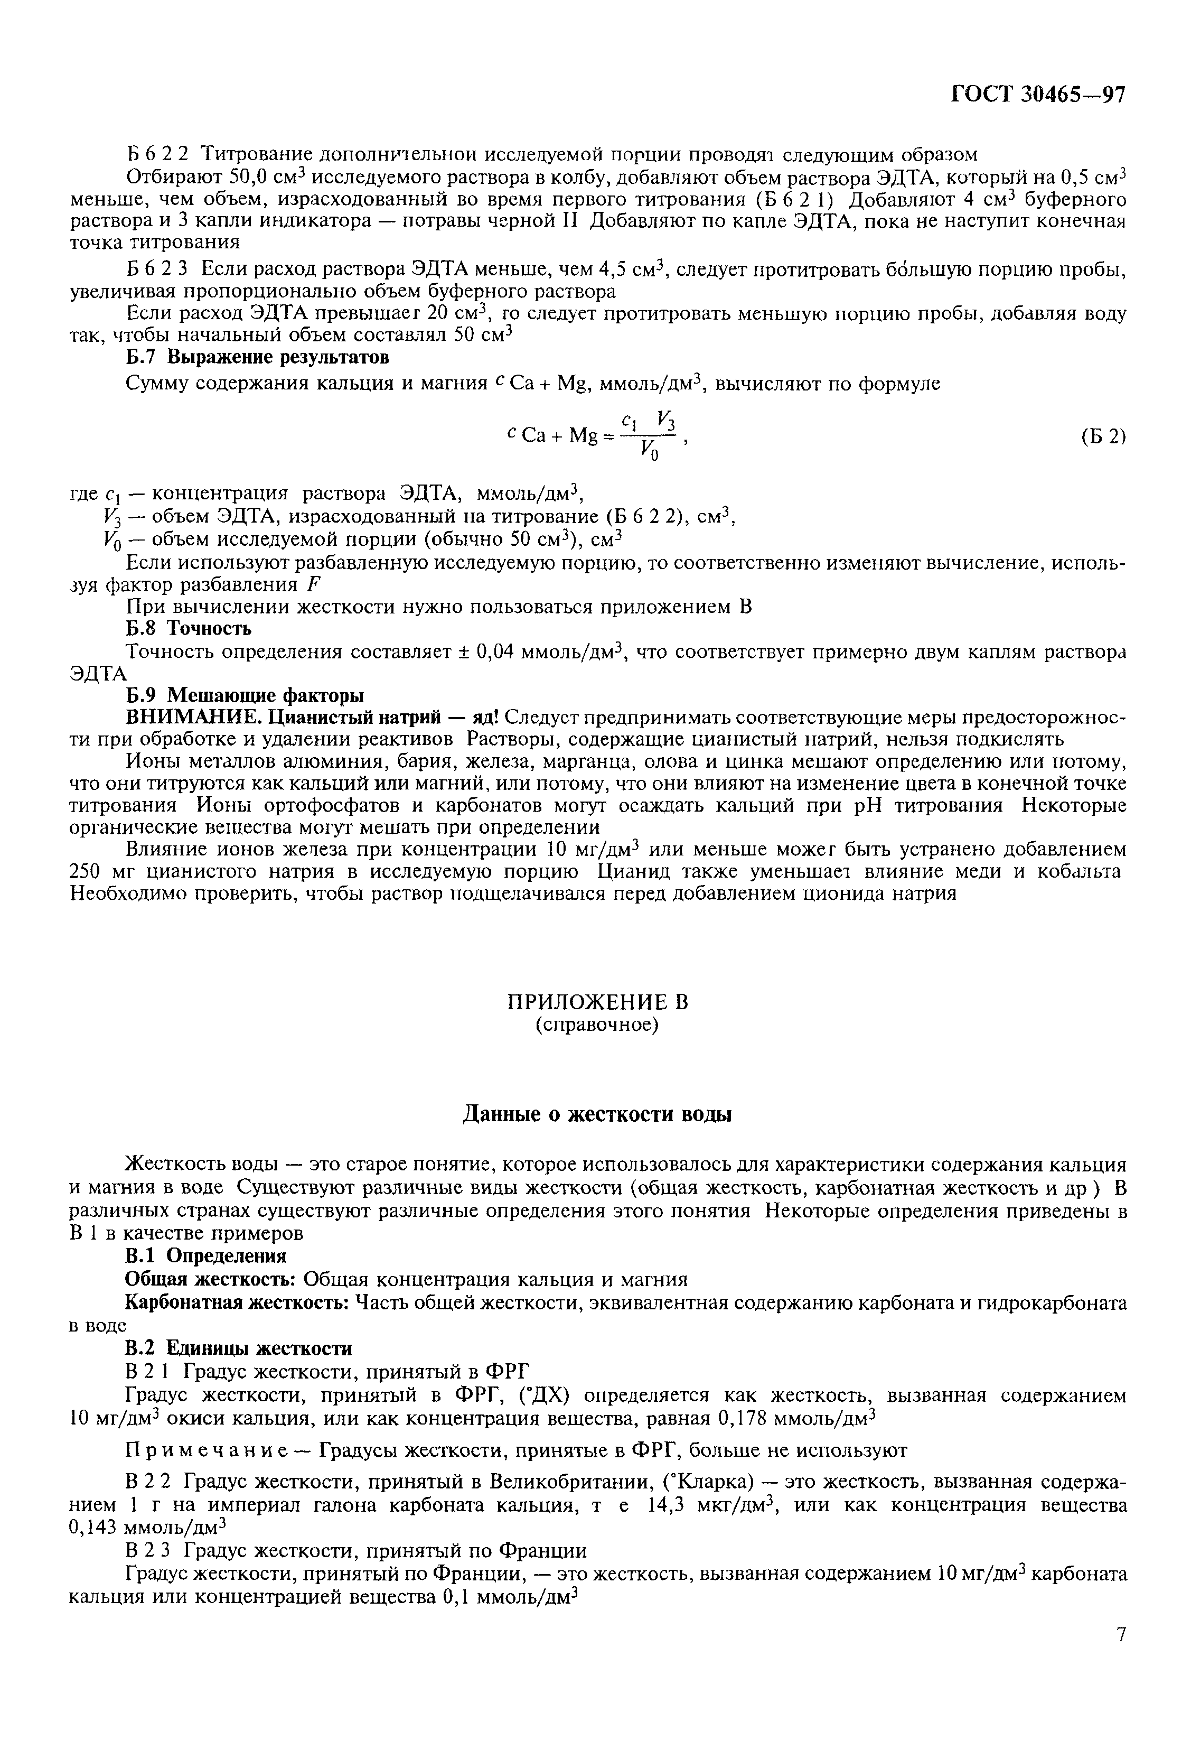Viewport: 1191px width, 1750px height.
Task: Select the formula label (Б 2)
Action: [x=1102, y=437]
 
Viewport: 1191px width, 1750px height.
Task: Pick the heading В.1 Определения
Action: [x=205, y=1256]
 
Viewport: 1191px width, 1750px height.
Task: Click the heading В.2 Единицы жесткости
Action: [x=238, y=1348]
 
